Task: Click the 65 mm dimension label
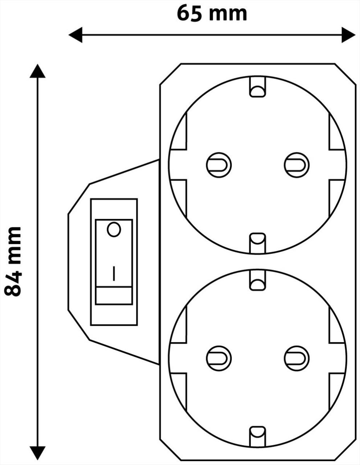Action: (x=212, y=13)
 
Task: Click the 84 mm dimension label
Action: (x=13, y=261)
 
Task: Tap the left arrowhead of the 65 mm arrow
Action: (x=75, y=35)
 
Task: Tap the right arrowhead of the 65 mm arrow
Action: (x=348, y=35)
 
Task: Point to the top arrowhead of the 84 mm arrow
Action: (x=38, y=71)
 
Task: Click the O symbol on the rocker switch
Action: (x=114, y=229)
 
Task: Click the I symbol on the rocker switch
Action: (x=114, y=273)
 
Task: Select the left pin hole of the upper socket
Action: (x=219, y=165)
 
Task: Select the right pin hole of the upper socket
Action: (x=297, y=165)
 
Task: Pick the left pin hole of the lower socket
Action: (x=219, y=359)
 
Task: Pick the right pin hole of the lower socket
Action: (x=297, y=359)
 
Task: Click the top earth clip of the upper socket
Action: (x=258, y=87)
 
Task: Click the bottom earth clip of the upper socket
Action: (x=258, y=243)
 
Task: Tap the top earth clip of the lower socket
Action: (x=258, y=280)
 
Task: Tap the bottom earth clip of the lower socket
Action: (x=258, y=437)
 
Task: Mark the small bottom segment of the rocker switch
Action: (x=114, y=295)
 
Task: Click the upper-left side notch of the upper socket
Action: (x=179, y=131)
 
